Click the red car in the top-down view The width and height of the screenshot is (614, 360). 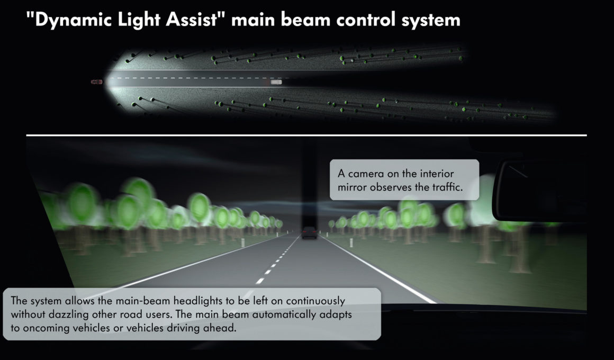(x=97, y=82)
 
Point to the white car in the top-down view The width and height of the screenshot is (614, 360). (x=276, y=82)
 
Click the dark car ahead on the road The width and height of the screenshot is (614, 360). (x=309, y=233)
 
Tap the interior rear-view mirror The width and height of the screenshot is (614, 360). (x=539, y=191)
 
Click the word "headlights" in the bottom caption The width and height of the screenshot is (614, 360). (x=197, y=301)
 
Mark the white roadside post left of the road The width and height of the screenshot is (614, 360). (x=243, y=242)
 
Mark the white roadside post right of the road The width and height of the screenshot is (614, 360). (x=351, y=242)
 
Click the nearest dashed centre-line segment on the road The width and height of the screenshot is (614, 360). (x=260, y=281)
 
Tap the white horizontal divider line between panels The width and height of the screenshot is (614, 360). (x=306, y=135)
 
